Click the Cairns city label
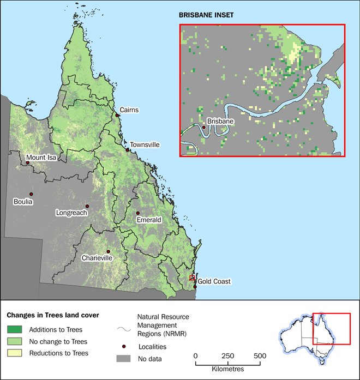[129, 110]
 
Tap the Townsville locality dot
[128, 149]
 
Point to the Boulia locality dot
[32, 194]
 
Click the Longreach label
[71, 213]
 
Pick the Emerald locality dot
[138, 213]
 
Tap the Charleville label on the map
[97, 257]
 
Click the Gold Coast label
[214, 281]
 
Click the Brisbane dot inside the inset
[204, 128]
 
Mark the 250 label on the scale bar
[228, 356]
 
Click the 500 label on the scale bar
[260, 356]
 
